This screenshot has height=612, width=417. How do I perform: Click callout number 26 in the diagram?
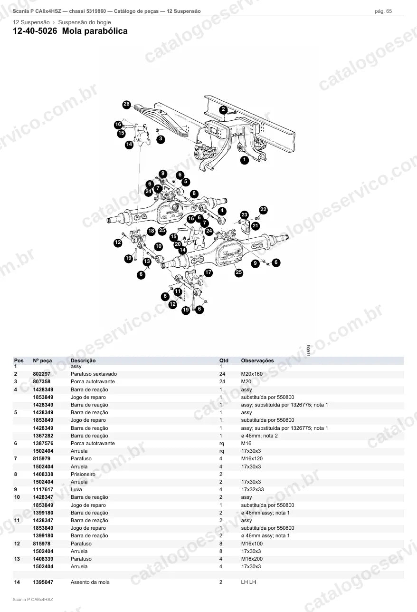(x=126, y=104)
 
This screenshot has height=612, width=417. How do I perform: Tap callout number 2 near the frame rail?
(x=223, y=109)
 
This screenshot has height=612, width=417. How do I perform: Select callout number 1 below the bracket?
(x=244, y=160)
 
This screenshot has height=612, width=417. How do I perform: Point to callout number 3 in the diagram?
(x=161, y=139)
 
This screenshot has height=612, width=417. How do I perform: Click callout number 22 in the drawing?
(x=263, y=210)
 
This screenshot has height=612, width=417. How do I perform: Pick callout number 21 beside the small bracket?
(x=255, y=226)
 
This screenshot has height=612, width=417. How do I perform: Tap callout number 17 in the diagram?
(x=208, y=272)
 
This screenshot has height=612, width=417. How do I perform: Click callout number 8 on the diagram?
(x=194, y=194)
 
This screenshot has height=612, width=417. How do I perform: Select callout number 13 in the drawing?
(x=147, y=262)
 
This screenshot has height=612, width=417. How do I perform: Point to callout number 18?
(x=151, y=231)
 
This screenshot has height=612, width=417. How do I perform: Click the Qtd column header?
(x=224, y=360)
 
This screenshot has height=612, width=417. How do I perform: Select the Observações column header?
(x=257, y=360)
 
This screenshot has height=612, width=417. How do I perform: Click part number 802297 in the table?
(x=41, y=374)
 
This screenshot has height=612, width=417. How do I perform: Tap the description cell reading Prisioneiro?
(x=83, y=474)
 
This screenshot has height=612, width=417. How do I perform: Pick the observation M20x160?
(x=252, y=374)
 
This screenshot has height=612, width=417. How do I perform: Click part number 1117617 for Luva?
(x=43, y=489)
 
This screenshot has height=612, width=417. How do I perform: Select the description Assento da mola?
(x=90, y=582)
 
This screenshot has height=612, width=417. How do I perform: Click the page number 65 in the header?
(x=389, y=11)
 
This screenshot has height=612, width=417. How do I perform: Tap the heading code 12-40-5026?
(x=35, y=31)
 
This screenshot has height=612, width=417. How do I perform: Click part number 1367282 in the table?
(x=43, y=436)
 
